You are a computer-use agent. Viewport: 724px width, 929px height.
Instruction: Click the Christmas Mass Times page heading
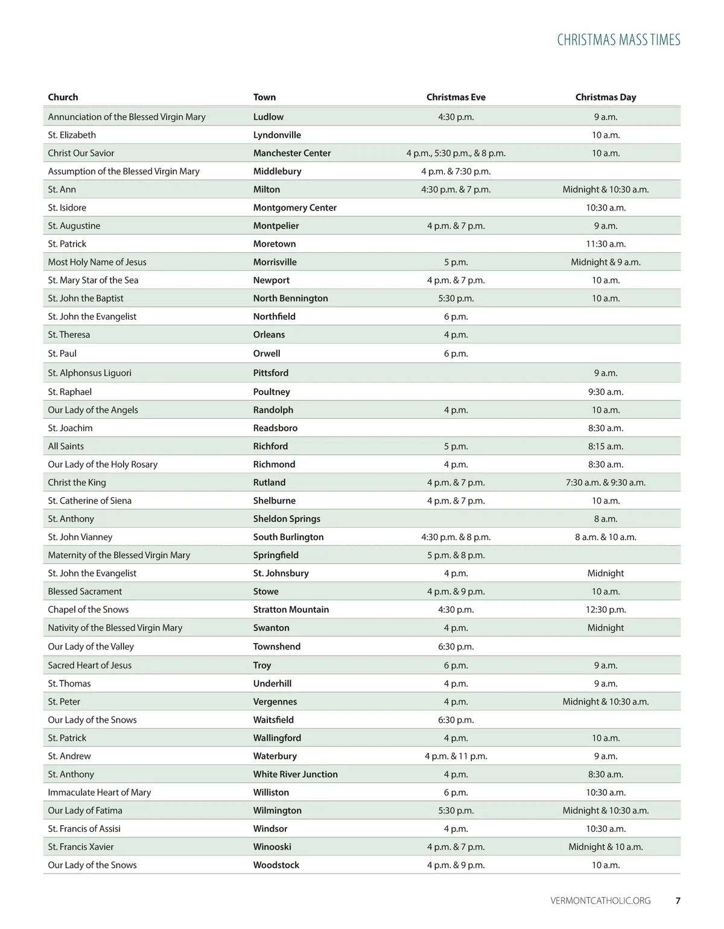click(618, 40)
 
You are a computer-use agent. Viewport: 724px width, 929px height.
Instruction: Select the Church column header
click(63, 97)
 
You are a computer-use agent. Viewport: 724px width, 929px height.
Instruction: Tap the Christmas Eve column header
click(456, 97)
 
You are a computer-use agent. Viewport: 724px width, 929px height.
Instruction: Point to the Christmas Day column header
click(605, 97)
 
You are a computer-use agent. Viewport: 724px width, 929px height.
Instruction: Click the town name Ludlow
click(268, 117)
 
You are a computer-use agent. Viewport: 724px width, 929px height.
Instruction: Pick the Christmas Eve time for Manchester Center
click(456, 153)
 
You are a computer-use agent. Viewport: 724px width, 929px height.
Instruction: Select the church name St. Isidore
click(67, 208)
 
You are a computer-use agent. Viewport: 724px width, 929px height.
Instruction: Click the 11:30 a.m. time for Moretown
click(605, 244)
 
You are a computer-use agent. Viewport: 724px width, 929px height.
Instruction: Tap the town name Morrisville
click(275, 262)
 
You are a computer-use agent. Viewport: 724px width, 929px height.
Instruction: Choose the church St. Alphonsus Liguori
click(89, 373)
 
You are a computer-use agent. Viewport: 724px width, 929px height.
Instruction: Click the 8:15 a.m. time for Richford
click(605, 446)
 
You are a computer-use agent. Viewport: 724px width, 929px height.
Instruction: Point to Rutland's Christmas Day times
click(605, 483)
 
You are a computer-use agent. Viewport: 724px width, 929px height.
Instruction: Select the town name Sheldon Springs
click(287, 519)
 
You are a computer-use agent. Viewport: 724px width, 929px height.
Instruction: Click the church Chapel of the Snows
click(88, 609)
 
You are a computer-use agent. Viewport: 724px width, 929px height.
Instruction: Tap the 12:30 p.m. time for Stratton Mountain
click(605, 609)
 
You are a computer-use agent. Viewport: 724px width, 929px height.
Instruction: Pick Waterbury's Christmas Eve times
click(456, 756)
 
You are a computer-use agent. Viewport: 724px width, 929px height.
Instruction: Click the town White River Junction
click(295, 774)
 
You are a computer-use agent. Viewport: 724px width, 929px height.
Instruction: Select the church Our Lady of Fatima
click(85, 810)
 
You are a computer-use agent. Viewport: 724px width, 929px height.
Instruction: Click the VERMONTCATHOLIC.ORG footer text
click(600, 901)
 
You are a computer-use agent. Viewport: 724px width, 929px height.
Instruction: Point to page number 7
click(678, 901)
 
